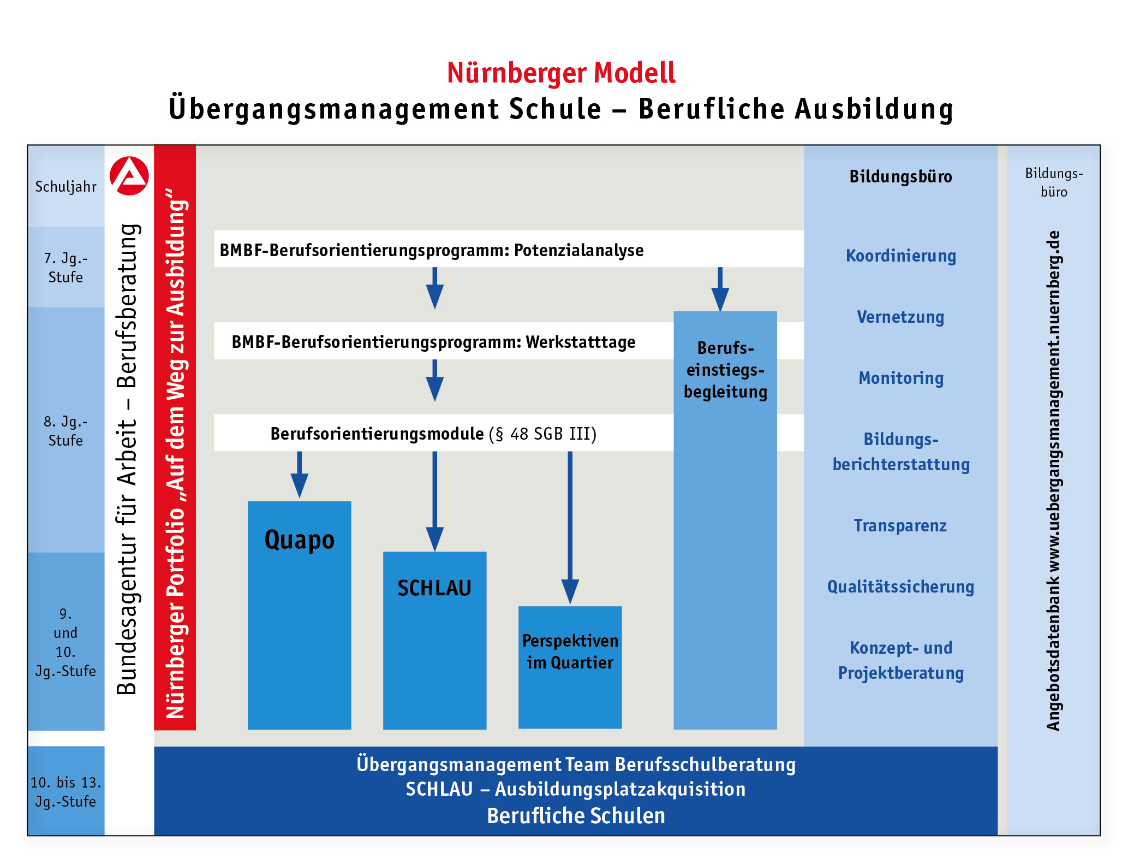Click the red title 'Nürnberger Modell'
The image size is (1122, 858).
click(561, 73)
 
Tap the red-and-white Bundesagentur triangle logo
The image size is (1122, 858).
click(129, 176)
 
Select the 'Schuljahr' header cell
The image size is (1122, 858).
click(65, 187)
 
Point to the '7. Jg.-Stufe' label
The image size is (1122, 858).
click(65, 268)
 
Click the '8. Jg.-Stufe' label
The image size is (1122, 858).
click(65, 431)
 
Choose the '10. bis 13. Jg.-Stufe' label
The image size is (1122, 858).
click(65, 792)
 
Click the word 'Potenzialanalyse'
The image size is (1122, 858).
click(578, 250)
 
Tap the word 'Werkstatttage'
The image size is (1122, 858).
click(581, 342)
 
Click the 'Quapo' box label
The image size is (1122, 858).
click(299, 540)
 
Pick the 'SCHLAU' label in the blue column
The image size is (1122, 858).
click(434, 588)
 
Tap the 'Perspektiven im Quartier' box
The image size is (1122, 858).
click(570, 652)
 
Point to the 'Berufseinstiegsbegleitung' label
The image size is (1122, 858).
click(725, 370)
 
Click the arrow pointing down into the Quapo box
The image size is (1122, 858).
click(299, 475)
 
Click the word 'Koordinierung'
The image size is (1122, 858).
click(901, 256)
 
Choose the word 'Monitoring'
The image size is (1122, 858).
click(901, 378)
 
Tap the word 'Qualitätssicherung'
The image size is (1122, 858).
click(901, 587)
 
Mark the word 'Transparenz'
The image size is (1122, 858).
click(900, 525)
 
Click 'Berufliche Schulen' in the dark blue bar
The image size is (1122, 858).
click(576, 815)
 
